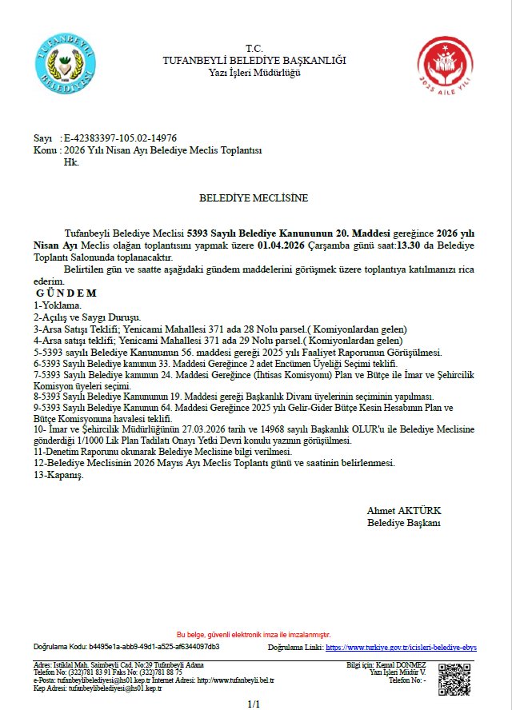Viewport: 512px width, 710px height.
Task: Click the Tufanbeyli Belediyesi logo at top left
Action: (x=65, y=61)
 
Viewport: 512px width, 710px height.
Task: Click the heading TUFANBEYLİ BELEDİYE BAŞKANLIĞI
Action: (x=254, y=61)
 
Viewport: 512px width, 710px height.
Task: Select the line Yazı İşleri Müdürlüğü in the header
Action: (x=254, y=73)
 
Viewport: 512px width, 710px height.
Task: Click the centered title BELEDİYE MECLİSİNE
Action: (x=254, y=197)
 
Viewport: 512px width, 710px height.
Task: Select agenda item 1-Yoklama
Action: (x=58, y=305)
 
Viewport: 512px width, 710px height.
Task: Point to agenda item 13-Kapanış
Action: (x=59, y=474)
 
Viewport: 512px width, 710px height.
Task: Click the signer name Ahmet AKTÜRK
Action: (x=404, y=510)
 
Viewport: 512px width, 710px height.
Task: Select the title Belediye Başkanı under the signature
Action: (x=404, y=522)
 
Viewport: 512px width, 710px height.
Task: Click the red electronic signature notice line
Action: (x=254, y=633)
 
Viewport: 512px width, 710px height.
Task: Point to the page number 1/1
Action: (x=254, y=704)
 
